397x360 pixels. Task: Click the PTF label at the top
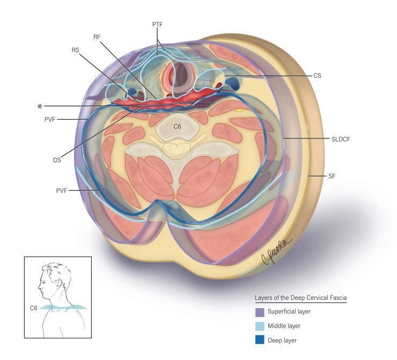click(158, 25)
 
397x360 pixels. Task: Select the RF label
click(97, 37)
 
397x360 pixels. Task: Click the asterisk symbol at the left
click(39, 106)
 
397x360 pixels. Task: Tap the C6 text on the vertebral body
click(177, 127)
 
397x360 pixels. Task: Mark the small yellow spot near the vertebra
click(239, 110)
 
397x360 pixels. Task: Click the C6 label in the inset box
click(34, 308)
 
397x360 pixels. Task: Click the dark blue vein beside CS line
click(234, 82)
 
